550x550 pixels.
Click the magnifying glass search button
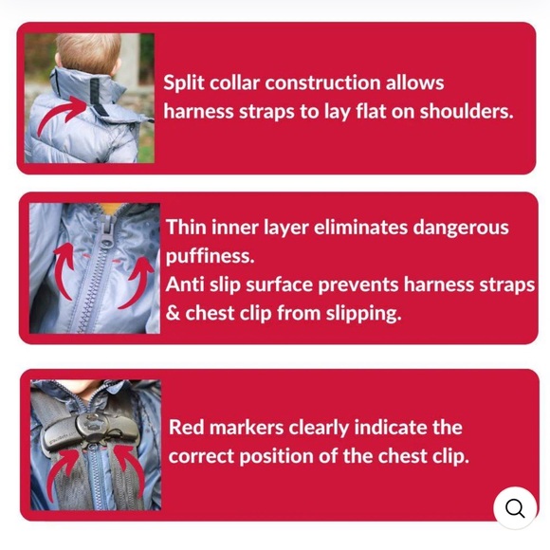[x=515, y=507]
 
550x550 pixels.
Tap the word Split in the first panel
[x=184, y=83]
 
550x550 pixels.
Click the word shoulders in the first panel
[x=467, y=111]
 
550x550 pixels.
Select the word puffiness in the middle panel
[x=210, y=257]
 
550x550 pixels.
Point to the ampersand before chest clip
[x=173, y=313]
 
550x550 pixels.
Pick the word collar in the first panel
[x=234, y=82]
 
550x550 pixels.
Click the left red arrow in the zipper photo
[x=64, y=270]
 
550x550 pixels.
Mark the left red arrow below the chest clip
[x=62, y=473]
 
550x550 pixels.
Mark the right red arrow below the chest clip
[x=131, y=473]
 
